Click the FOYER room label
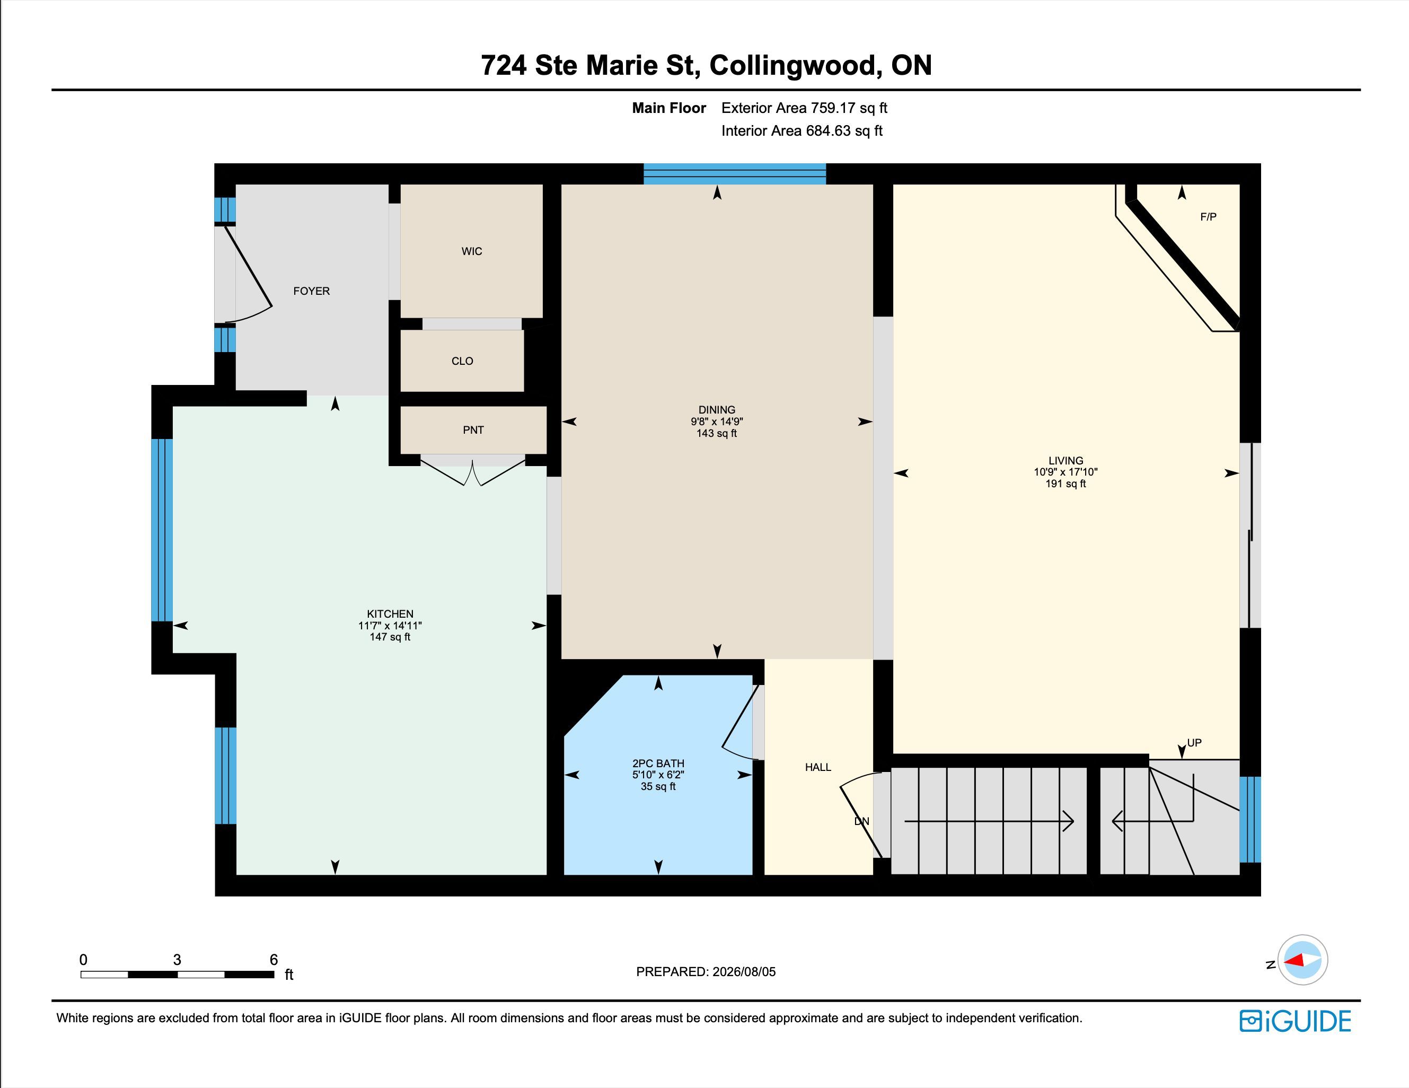(x=311, y=291)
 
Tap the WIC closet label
(x=472, y=251)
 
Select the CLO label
(x=462, y=361)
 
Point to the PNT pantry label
(x=473, y=430)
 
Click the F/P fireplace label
(x=1209, y=217)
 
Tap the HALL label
(x=818, y=767)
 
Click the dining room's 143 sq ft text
(x=716, y=433)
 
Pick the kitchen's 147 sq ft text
(x=390, y=637)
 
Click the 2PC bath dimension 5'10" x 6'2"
(x=658, y=774)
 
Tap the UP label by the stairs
(x=1194, y=743)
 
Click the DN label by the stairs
(x=862, y=821)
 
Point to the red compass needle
(x=1293, y=960)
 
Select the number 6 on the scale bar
(x=274, y=960)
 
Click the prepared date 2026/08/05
(x=744, y=972)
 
